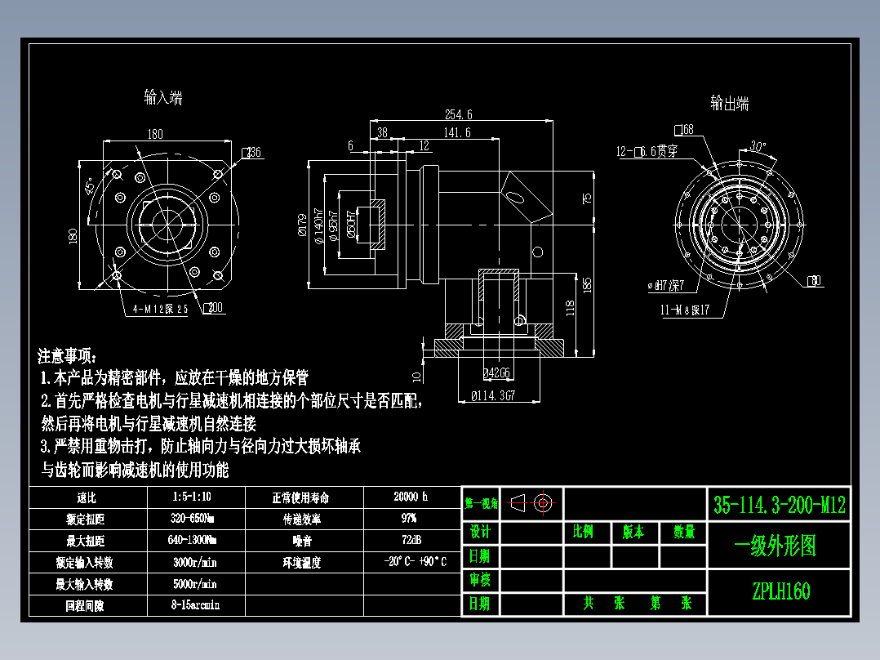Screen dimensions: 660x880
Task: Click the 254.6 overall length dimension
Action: click(458, 114)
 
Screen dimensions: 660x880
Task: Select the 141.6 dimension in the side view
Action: click(456, 132)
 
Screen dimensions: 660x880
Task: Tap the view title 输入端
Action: click(162, 98)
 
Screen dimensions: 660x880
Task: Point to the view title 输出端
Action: click(729, 104)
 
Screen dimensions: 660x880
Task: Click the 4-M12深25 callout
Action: click(161, 309)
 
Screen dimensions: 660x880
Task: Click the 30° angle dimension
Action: click(758, 147)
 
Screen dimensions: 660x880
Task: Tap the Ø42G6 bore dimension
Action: click(497, 373)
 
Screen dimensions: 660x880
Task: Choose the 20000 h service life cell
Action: click(410, 497)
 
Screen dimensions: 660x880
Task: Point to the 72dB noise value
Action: click(410, 540)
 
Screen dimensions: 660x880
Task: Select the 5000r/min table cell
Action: click(195, 584)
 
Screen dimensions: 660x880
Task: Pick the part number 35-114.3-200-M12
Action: click(779, 505)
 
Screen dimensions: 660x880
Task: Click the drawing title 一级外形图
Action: click(776, 546)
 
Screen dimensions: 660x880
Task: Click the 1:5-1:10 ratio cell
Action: click(195, 497)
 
